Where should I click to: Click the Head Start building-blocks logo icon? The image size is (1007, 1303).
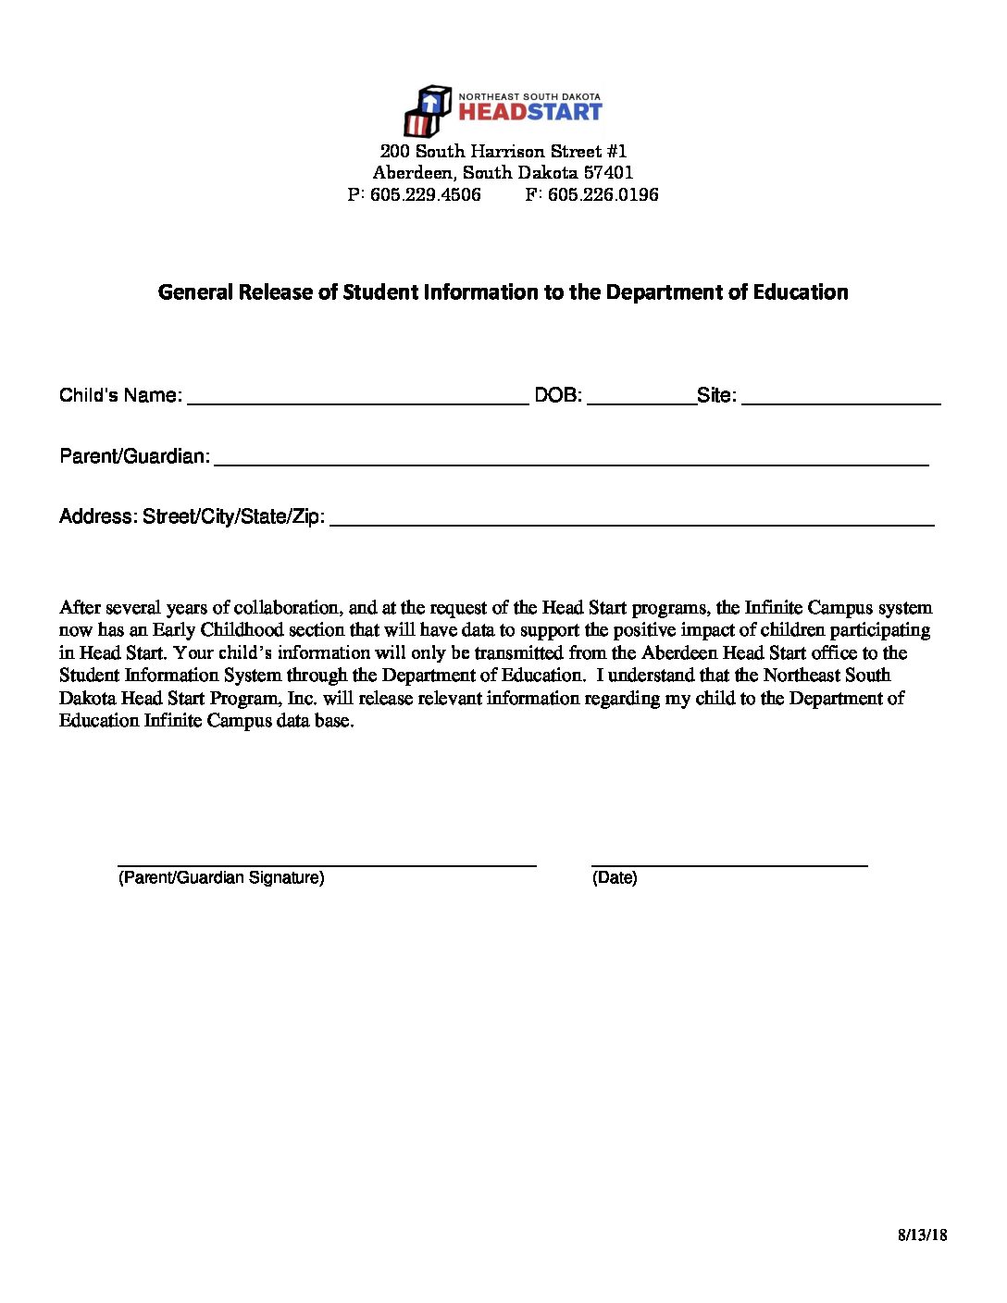(x=428, y=111)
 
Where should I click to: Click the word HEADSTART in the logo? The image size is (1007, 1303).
(x=530, y=112)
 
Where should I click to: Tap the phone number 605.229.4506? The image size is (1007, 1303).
(x=426, y=194)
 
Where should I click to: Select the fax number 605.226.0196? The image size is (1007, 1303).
(x=603, y=194)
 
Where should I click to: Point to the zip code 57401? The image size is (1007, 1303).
(x=608, y=173)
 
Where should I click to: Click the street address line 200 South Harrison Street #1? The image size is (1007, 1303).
(x=503, y=151)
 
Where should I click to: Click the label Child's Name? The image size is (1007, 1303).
(x=120, y=396)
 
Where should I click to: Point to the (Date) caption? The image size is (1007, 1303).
(x=615, y=878)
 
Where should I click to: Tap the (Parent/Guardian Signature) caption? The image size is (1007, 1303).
(x=221, y=878)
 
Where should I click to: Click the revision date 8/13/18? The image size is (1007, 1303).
(x=922, y=1235)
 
